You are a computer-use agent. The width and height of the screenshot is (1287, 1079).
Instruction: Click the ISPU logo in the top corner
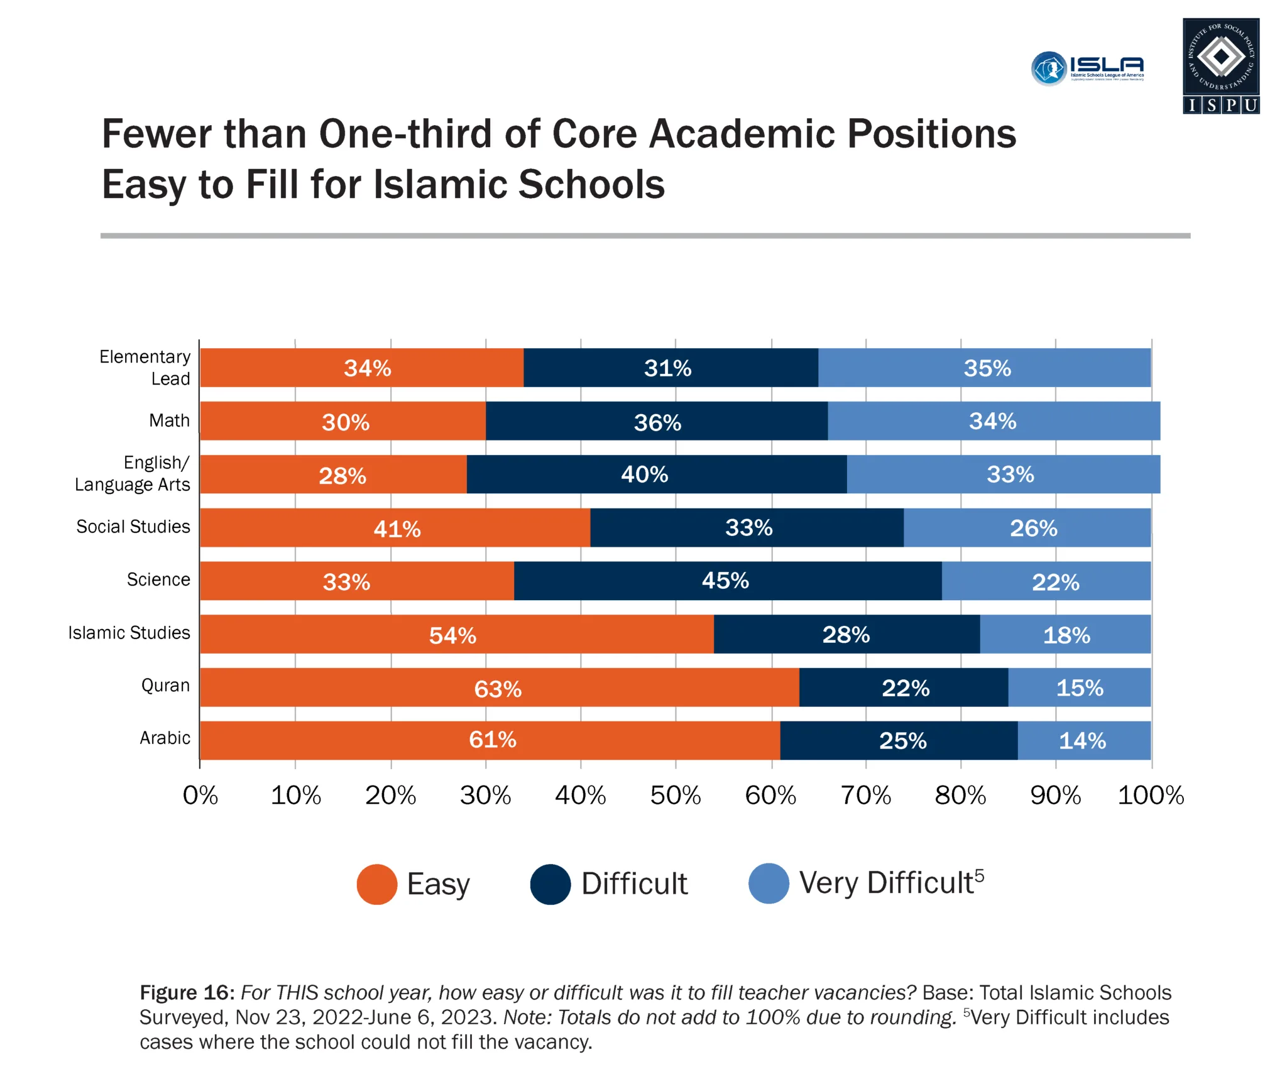(x=1220, y=65)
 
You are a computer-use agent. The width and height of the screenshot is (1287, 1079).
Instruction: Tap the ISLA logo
(x=1087, y=68)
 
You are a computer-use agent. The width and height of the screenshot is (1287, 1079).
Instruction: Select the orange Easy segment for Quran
(x=499, y=687)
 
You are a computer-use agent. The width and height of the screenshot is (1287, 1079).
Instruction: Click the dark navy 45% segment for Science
(x=727, y=581)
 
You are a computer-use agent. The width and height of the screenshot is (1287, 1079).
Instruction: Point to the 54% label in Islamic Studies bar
(x=452, y=635)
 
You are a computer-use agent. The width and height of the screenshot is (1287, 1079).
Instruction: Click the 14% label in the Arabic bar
(x=1082, y=741)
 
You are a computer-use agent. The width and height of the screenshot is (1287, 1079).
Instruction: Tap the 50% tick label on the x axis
(x=675, y=796)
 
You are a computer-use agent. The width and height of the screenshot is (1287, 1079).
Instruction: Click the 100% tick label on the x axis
(x=1150, y=796)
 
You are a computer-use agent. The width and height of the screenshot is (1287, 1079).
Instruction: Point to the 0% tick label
(x=200, y=796)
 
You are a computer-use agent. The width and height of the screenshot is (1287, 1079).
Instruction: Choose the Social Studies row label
(x=133, y=527)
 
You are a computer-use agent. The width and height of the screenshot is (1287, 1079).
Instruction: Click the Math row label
(x=169, y=420)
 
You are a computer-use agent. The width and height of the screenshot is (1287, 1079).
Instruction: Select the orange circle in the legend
(x=376, y=884)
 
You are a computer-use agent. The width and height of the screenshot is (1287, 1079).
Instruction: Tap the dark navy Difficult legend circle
(x=550, y=884)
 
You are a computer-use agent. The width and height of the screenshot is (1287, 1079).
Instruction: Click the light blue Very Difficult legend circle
(x=768, y=884)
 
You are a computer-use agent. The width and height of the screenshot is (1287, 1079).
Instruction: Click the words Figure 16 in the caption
(x=187, y=992)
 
